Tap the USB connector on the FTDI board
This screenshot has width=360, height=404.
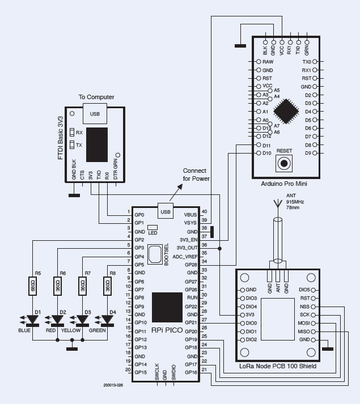point(94,113)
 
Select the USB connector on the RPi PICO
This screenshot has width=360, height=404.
point(166,212)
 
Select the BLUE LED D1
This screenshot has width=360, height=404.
point(33,320)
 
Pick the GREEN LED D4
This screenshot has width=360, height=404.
point(107,320)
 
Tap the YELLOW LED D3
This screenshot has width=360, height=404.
point(82,320)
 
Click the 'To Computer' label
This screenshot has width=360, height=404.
point(96,97)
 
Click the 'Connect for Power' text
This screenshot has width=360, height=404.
point(196,175)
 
